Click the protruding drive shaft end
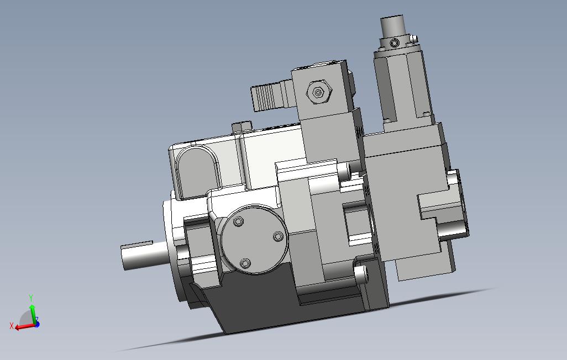point(143,255)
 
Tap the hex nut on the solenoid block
point(318,92)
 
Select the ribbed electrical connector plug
point(272,96)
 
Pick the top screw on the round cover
point(238,221)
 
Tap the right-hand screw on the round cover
point(278,237)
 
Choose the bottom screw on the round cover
point(245,263)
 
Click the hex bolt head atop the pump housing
point(242,128)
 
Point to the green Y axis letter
point(31,298)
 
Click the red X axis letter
point(12,326)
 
